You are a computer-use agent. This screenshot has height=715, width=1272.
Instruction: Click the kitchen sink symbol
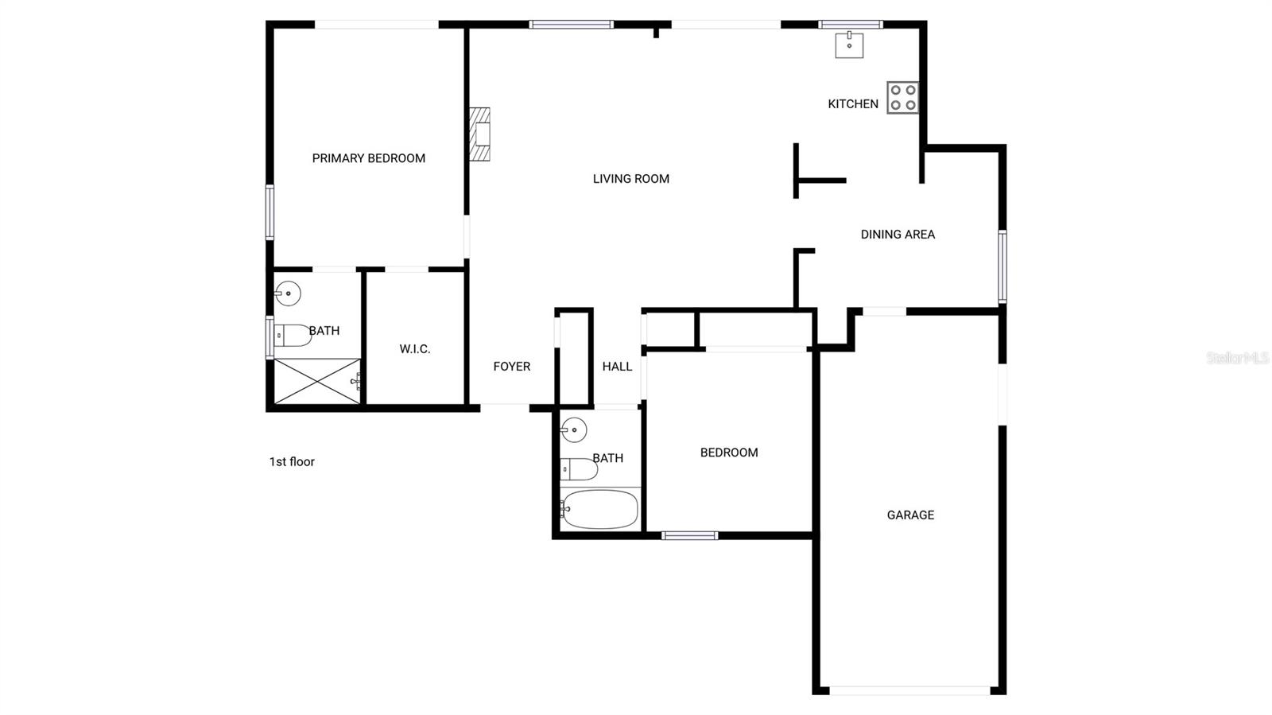point(849,45)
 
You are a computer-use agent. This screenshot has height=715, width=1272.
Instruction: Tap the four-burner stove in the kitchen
point(902,98)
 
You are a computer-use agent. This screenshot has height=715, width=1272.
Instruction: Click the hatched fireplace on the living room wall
point(479,134)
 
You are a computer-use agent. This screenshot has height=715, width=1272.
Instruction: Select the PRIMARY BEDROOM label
point(368,158)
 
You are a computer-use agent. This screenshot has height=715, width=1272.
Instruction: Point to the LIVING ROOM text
point(630,179)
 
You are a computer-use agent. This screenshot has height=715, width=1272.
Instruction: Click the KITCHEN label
point(853,104)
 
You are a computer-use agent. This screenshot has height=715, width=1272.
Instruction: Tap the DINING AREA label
point(898,235)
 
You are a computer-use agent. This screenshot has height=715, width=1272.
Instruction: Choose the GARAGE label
point(910,515)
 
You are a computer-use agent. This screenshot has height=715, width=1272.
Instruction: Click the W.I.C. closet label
point(414,349)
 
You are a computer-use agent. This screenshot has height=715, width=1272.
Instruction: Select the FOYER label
point(511,367)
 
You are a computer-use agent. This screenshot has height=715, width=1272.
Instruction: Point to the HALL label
point(617,367)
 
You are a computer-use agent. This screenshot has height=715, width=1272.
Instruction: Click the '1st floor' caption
point(292,462)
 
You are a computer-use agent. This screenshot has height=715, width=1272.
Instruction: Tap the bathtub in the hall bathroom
point(599,509)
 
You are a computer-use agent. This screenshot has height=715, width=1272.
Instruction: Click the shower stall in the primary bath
point(317,381)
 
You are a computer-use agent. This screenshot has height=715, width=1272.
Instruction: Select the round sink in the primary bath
point(288,293)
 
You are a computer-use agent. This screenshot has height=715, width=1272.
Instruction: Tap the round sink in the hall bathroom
point(573,430)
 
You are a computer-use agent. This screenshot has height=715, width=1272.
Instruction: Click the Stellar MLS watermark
point(1237,359)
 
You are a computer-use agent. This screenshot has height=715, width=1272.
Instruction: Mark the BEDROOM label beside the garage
point(728,453)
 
